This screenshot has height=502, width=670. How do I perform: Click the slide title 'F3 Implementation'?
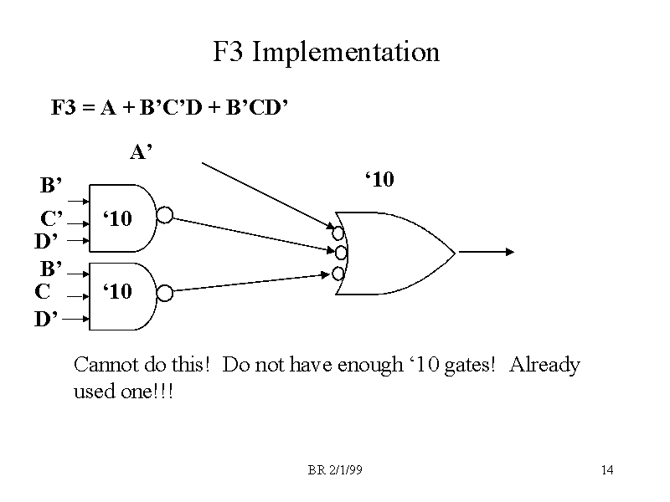pos(326,53)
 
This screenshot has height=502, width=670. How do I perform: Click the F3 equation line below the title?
pos(170,108)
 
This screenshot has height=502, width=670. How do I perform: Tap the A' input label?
pos(141,152)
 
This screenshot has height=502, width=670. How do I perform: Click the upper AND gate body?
pos(121,218)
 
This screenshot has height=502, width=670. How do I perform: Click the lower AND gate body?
pos(121,293)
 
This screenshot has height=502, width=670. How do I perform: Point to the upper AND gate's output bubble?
pos(165,216)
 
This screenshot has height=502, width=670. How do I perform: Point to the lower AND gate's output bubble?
pos(165,293)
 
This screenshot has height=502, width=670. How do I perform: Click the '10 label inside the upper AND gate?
pos(117,219)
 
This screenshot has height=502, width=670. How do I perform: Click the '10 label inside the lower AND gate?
pos(117,292)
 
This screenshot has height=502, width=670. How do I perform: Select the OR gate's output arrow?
pos(486,251)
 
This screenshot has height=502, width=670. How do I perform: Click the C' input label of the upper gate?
pos(52,220)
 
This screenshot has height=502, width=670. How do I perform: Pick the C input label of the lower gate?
pos(43,292)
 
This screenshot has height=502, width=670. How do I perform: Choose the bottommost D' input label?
pos(46,320)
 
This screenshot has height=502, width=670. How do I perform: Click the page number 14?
pos(607,470)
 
